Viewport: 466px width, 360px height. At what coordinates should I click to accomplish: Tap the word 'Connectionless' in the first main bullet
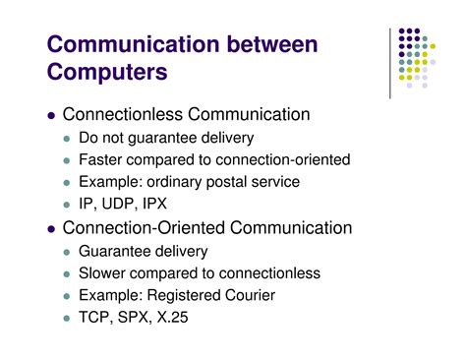click(x=117, y=115)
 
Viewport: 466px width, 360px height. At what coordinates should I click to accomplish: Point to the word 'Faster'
click(x=101, y=160)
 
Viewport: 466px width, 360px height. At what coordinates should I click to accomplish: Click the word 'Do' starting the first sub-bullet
click(x=88, y=138)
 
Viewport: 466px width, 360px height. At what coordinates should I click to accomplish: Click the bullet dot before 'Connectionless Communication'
click(x=51, y=116)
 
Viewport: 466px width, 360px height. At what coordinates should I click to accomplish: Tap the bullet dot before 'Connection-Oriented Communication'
click(x=51, y=229)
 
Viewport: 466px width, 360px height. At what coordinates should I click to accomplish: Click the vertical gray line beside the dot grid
click(x=391, y=59)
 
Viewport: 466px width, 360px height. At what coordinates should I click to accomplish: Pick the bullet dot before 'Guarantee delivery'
click(x=67, y=252)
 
